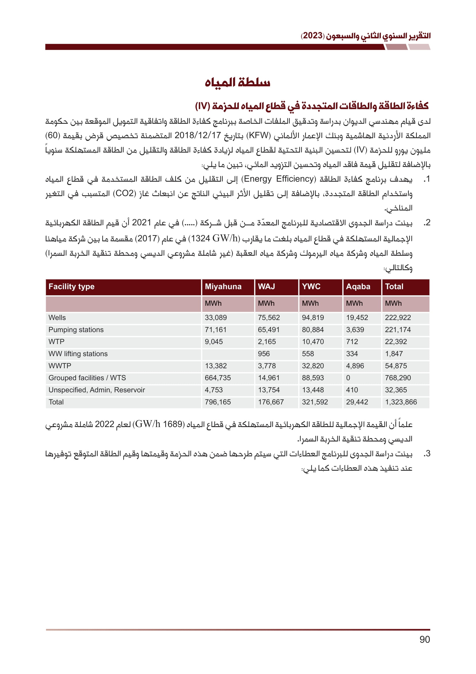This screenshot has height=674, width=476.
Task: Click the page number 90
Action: point(424,639)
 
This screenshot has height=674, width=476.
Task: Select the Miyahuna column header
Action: point(223,286)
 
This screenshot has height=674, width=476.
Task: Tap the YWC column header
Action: point(311,286)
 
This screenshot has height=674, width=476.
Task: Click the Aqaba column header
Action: point(358,286)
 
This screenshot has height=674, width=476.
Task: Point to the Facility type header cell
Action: point(72,286)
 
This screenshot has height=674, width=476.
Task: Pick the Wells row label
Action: point(57,318)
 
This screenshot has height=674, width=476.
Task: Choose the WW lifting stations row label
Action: point(78,354)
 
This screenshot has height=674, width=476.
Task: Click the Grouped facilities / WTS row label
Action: point(87,378)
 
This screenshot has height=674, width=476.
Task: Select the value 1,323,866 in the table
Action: point(401,402)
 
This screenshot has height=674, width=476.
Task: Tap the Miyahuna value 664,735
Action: point(218,378)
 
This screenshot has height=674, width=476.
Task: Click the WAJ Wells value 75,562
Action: point(269,318)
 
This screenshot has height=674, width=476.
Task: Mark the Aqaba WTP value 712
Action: point(352,342)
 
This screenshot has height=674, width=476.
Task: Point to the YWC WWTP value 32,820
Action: point(313,366)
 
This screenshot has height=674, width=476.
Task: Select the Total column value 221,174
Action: point(398,330)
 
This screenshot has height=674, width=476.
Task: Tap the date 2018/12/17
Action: point(197,135)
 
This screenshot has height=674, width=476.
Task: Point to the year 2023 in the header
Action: point(313,36)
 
